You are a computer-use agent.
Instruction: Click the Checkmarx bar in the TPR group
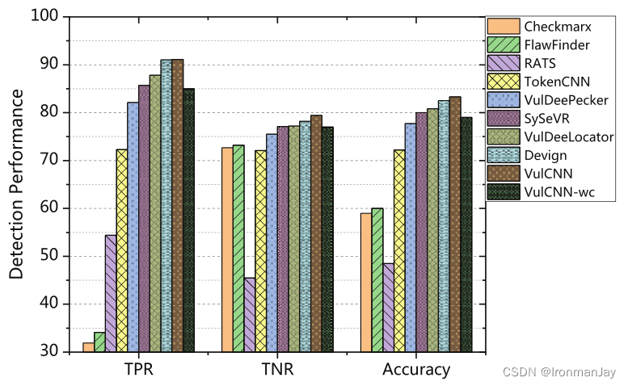[x=88, y=347]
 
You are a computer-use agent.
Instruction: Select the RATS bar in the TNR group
[x=250, y=315]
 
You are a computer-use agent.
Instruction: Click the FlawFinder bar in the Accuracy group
[x=377, y=280]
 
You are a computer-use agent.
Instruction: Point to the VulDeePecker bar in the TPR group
[x=133, y=227]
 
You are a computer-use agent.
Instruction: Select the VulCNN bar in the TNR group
[x=316, y=233]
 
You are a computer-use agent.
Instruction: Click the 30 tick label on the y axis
[x=49, y=352]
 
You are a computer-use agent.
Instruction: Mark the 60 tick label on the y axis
[x=49, y=208]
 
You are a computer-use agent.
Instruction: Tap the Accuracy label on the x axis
[x=416, y=370]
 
